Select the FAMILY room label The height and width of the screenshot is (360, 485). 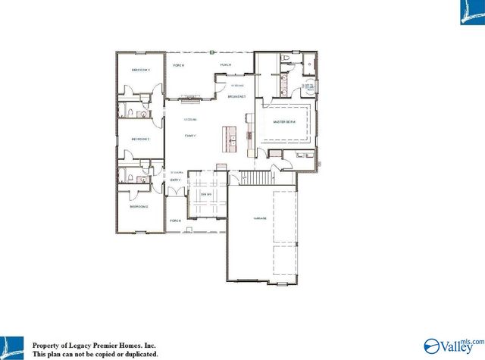189,135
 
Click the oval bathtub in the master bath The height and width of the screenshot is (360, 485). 308,86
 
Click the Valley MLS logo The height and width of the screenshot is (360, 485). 452,346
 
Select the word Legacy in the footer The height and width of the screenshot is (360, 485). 80,343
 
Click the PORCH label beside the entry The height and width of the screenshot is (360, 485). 175,221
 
